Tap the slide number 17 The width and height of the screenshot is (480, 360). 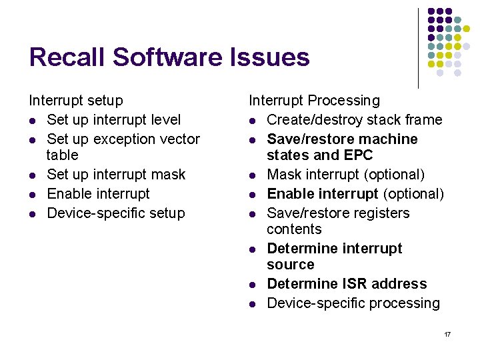447,334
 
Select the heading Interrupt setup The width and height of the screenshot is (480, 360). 76,101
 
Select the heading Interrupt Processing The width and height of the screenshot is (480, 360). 314,101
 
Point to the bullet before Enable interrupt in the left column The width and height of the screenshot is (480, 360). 33,195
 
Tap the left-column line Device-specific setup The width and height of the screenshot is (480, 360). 116,213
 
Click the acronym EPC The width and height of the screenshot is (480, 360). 359,155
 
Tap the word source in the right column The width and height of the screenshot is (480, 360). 290,265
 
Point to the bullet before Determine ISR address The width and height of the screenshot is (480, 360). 253,285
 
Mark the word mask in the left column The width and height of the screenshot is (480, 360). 168,175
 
